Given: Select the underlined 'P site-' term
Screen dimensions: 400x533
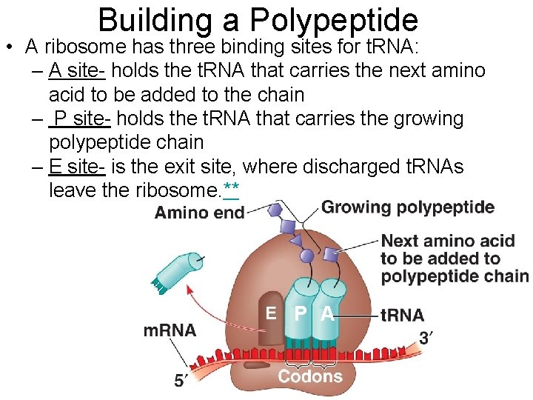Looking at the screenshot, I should (x=79, y=119).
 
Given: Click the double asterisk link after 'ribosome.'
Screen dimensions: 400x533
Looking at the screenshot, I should (x=231, y=190).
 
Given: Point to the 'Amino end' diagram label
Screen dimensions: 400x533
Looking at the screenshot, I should (x=199, y=213).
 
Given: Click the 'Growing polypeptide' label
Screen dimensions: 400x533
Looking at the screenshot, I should (x=408, y=207).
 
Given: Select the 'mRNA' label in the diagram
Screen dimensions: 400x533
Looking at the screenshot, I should (x=170, y=330).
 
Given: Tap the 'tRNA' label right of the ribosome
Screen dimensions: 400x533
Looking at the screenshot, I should (x=402, y=315).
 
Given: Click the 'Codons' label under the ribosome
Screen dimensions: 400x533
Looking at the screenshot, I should (x=310, y=376).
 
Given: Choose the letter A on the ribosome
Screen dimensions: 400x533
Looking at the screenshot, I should (x=326, y=314).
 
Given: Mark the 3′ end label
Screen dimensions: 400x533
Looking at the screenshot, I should (x=427, y=338).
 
